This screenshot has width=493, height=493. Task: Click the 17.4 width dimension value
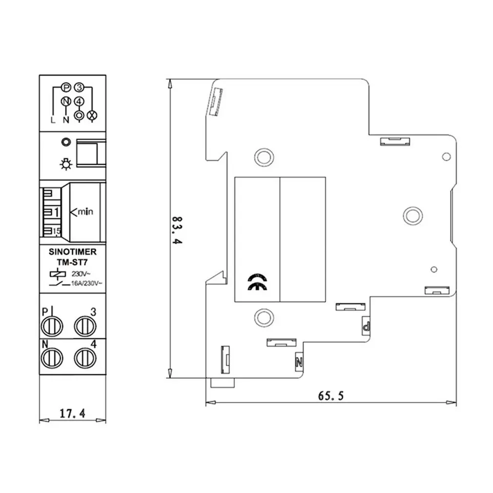[x=72, y=413]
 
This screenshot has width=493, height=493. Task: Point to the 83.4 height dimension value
[x=177, y=230]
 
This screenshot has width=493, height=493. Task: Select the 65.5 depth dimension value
[x=331, y=395]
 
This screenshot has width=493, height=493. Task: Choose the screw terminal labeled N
[x=52, y=358]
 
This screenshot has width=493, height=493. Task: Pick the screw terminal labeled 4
[x=85, y=358]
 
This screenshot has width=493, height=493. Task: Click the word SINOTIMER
[x=73, y=252]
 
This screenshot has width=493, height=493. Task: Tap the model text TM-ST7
[x=72, y=262]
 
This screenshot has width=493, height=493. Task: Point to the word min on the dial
[x=85, y=212]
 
